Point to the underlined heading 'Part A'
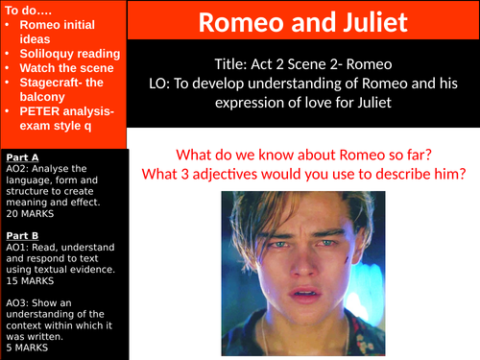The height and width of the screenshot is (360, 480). click(x=22, y=156)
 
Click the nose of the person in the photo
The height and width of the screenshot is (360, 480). click(x=310, y=267)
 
